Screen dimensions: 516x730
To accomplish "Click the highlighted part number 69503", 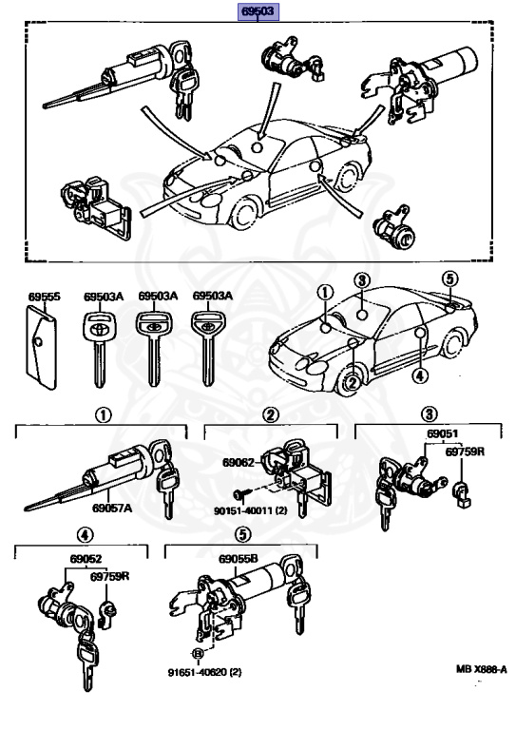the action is pos(258,11).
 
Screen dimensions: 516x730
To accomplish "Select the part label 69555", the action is pos(45,297).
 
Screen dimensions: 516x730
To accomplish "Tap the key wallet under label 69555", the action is pos(42,347).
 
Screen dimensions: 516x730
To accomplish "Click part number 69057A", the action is pos(112,508).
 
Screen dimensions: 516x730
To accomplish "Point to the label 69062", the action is pos(239,462).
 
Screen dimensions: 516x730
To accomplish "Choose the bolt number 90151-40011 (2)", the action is pos(250,510).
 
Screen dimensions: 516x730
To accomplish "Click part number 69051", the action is pos(443,433).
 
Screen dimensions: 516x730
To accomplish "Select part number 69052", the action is pos(86,559).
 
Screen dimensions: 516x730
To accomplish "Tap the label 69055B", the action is pos(238,559).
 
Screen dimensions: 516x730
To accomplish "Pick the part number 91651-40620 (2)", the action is pos(204,672).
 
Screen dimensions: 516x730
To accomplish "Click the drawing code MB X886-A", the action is pos(481,669).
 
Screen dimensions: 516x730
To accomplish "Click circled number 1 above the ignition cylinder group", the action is pos(104,414).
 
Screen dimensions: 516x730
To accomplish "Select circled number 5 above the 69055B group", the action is pos(243,535).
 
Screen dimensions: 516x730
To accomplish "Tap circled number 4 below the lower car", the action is pos(420,375).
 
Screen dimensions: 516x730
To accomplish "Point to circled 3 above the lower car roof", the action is pos(362,280).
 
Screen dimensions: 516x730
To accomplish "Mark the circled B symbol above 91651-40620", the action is pos(199,654).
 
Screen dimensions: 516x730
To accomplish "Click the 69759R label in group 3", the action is pos(465,451).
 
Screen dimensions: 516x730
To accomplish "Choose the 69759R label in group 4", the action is pos(110,576).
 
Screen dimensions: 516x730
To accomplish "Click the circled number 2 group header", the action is pos(271,414).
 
